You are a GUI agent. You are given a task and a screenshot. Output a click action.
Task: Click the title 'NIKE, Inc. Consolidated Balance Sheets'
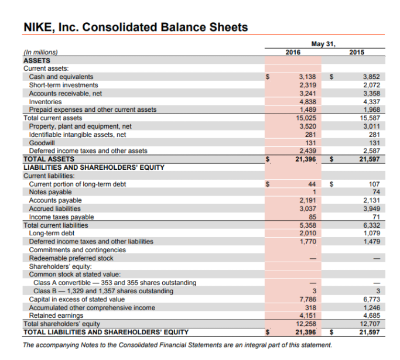[x=135, y=28]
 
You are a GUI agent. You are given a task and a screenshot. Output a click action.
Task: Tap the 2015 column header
[x=356, y=52]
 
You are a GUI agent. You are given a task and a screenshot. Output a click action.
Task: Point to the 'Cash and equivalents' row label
[x=61, y=77]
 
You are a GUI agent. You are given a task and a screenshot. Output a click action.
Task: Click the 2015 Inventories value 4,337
[x=371, y=101]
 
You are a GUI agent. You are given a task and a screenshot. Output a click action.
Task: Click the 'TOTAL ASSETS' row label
[x=49, y=159]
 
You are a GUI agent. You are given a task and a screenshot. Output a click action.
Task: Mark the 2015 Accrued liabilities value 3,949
[x=371, y=208]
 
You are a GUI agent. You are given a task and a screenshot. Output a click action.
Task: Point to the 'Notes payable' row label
[x=50, y=192]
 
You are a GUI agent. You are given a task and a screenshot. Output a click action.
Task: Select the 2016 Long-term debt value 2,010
[x=307, y=233]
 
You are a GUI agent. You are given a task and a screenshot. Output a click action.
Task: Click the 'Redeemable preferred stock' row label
[x=71, y=258]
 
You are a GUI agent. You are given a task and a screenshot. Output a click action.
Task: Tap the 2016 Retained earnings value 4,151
[x=307, y=316]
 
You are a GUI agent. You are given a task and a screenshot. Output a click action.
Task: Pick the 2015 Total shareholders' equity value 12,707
[x=370, y=324]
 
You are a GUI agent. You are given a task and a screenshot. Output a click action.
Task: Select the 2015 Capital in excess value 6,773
[x=371, y=299]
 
